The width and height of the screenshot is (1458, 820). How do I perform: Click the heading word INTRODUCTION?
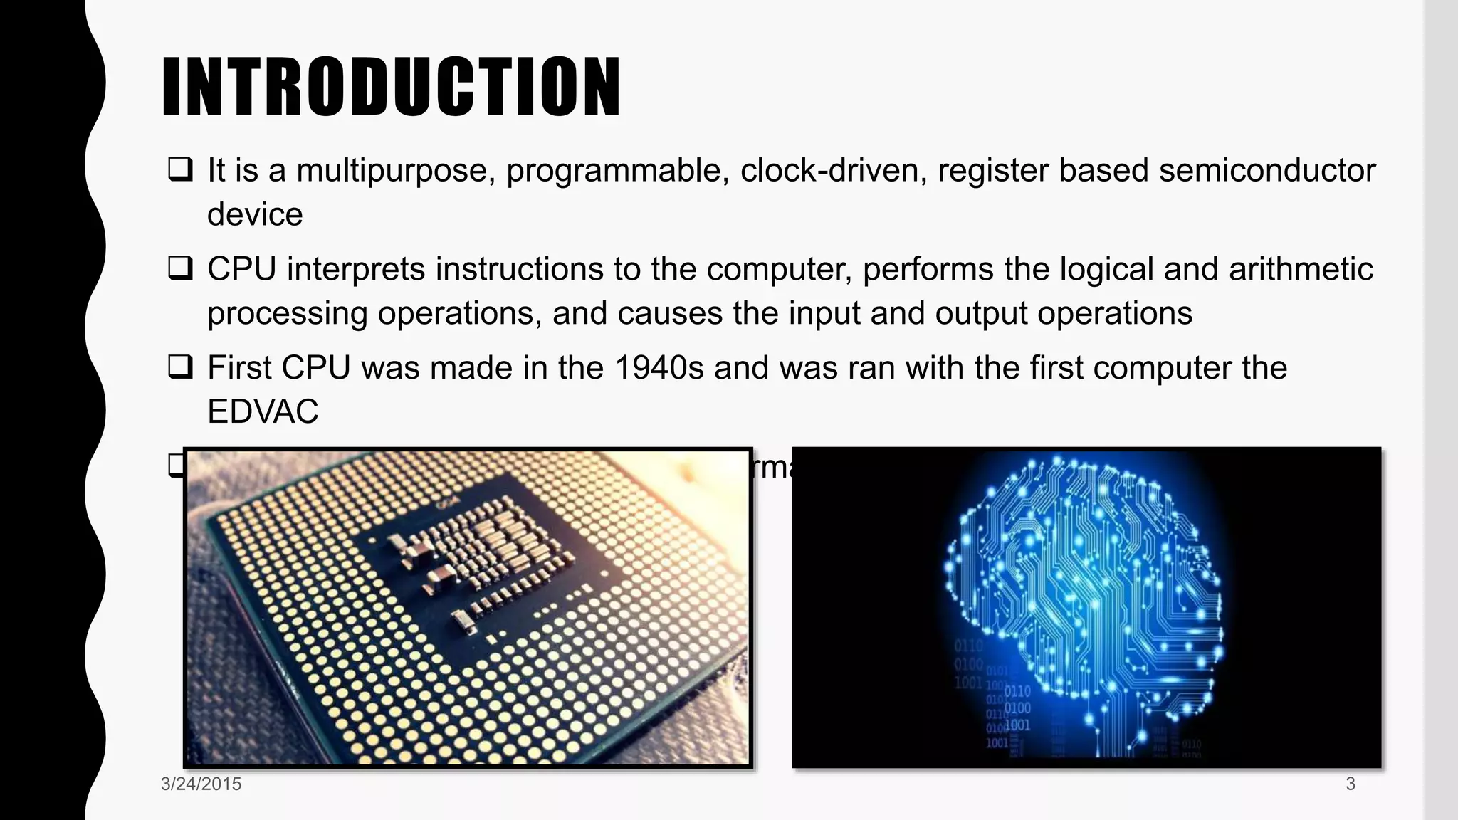(x=391, y=86)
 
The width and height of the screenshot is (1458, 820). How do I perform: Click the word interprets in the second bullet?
(x=357, y=270)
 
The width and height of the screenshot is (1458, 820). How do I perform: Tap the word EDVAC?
(x=263, y=411)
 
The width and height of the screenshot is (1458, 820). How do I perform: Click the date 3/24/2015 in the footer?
(x=201, y=784)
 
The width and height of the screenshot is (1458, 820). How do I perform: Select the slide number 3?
(x=1350, y=784)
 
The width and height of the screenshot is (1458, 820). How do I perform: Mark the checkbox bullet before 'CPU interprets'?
(x=180, y=268)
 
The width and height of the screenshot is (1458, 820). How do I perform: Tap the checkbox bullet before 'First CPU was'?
(x=180, y=367)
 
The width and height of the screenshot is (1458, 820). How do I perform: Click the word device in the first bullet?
(x=255, y=214)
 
